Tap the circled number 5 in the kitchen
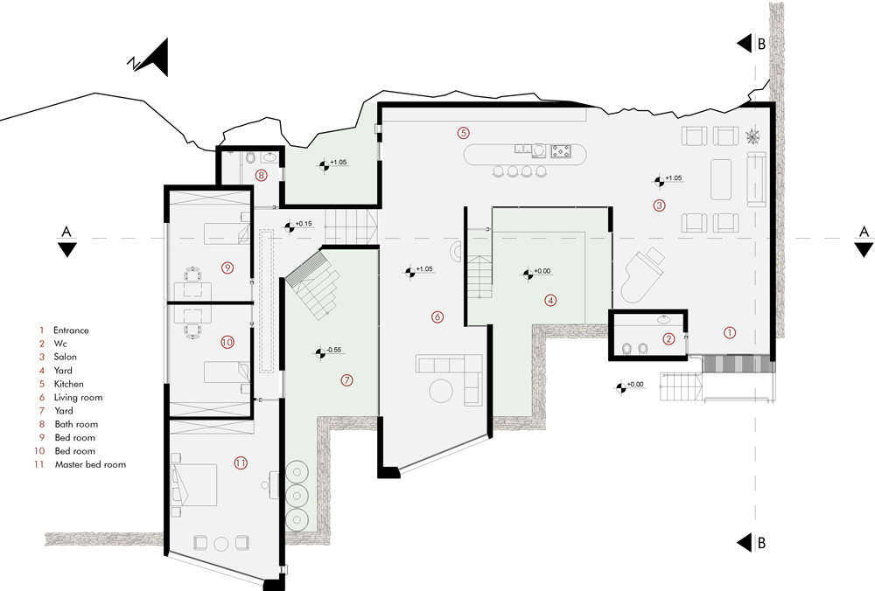[463, 133]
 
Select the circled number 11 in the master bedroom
[241, 462]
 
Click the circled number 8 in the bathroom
[261, 175]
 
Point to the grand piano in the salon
[641, 276]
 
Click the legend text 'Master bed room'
[90, 464]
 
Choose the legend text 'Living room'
[78, 398]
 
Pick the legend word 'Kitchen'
[68, 384]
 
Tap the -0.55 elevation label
[333, 350]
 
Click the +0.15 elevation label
[304, 224]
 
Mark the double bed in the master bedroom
[195, 484]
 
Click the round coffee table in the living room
[441, 390]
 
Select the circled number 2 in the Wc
[668, 338]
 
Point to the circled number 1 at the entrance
[730, 332]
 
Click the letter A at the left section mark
[66, 232]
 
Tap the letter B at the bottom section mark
[762, 543]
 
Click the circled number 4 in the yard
[550, 301]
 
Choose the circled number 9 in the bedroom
[227, 268]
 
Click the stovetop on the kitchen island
[561, 151]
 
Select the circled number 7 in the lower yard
[347, 380]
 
